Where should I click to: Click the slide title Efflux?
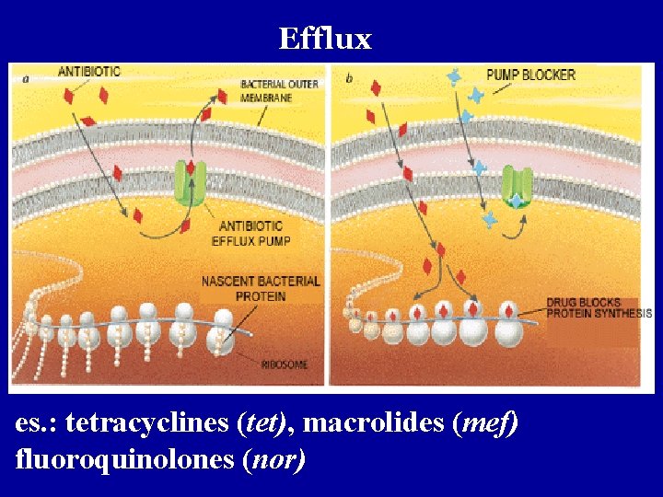(x=325, y=39)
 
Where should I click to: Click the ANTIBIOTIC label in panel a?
(x=89, y=72)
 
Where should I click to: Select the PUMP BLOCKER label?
(x=530, y=75)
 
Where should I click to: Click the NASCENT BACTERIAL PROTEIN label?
(x=261, y=288)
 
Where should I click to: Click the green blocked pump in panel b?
(x=517, y=188)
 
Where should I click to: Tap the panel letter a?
(x=25, y=80)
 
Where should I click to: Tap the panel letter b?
(x=349, y=79)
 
